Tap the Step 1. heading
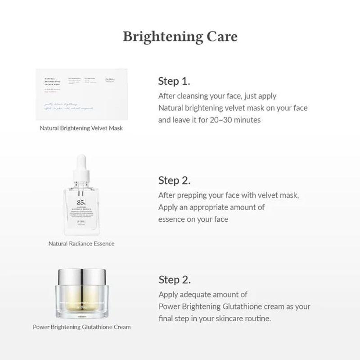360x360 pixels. (174, 81)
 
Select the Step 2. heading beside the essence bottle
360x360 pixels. (174, 180)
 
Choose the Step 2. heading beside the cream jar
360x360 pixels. (175, 279)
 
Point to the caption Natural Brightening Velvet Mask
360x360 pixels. (81, 128)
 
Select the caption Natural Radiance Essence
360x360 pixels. (81, 243)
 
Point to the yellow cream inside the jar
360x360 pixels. (81, 301)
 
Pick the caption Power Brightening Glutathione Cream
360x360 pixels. (81, 327)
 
